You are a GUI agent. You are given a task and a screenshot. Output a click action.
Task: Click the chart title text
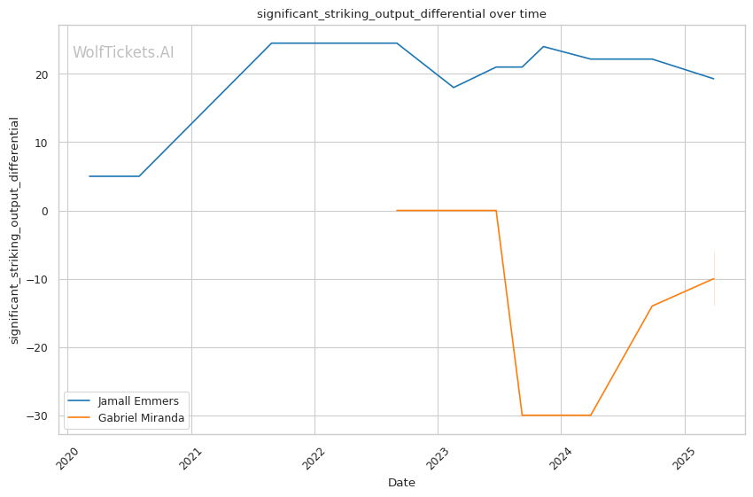(x=401, y=13)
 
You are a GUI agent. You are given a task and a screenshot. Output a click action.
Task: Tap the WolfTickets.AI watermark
(x=123, y=52)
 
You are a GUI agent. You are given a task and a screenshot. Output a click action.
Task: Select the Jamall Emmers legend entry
(x=138, y=401)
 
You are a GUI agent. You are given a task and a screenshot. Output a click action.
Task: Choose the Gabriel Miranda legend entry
(x=141, y=418)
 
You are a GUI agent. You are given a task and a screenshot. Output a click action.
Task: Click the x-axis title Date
(x=401, y=483)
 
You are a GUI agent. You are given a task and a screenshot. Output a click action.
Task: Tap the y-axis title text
(x=14, y=230)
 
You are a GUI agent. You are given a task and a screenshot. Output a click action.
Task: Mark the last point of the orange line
(x=714, y=278)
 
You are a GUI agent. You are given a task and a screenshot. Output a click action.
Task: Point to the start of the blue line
(x=89, y=176)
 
